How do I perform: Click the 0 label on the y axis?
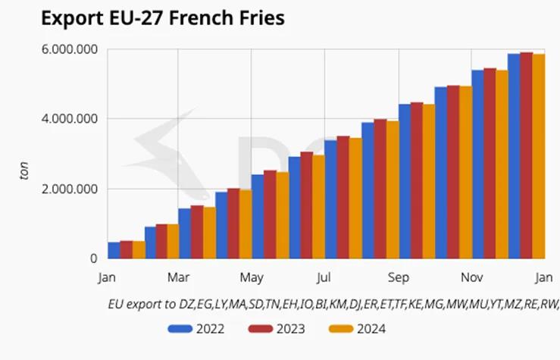94,258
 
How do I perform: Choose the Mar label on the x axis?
179,277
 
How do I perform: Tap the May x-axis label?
252,277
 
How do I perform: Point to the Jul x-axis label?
325,277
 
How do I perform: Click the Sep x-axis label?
399,277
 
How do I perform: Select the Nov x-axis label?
472,277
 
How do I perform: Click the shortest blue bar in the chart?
114,251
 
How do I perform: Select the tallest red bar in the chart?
527,155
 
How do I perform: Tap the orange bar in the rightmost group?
539,156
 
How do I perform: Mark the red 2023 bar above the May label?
270,214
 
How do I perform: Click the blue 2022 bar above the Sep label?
405,181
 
